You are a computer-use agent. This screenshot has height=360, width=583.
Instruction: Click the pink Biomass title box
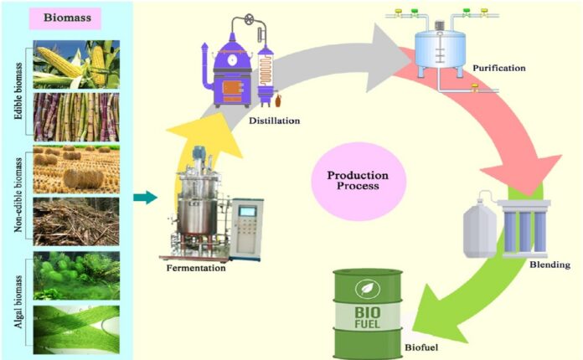point(65,18)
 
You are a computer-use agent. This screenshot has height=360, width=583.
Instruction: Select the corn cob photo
point(76,64)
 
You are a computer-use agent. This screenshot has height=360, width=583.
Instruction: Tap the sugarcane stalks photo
point(76,117)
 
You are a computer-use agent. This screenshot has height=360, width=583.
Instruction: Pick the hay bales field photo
point(76,169)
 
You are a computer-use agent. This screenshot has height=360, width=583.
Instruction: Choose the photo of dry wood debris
point(76,221)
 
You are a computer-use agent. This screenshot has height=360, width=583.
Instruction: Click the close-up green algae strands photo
point(76,330)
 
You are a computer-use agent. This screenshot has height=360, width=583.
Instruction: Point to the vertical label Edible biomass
point(18,91)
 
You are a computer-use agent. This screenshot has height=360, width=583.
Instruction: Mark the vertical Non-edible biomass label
point(18,195)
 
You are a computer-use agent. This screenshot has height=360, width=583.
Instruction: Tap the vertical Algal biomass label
point(18,301)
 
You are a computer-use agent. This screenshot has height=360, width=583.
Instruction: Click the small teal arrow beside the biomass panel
point(146,198)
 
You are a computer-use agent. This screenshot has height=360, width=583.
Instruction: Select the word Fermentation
point(196,268)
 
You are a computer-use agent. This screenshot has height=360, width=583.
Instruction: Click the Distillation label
point(275,121)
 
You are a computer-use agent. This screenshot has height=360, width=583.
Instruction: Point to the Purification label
point(499,68)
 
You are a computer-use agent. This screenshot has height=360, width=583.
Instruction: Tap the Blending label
point(549,265)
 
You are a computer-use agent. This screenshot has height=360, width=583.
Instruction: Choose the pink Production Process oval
point(359,182)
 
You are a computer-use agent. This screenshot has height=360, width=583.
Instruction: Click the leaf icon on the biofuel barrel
point(368,288)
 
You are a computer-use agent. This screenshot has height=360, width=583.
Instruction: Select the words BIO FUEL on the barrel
point(368,317)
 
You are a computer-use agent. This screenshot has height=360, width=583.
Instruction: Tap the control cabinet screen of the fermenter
point(247,211)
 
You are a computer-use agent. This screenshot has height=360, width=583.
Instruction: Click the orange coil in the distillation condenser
point(266,70)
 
